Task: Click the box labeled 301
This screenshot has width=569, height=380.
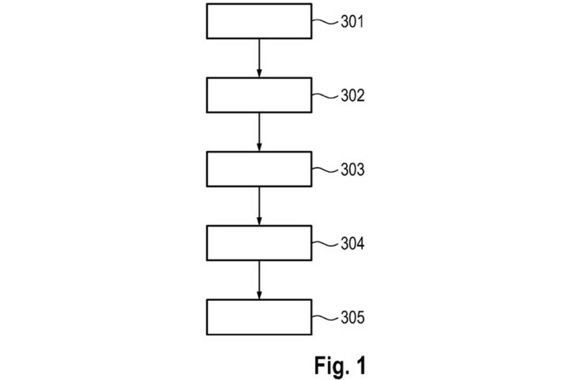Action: tap(259, 21)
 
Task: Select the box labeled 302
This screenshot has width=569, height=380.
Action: tap(259, 95)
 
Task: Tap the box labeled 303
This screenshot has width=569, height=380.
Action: tap(259, 169)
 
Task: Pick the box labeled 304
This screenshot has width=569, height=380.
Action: tap(259, 243)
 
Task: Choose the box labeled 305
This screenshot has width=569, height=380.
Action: tap(259, 317)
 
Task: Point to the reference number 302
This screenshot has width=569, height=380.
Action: tap(352, 96)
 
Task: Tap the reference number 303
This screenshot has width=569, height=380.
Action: tap(352, 170)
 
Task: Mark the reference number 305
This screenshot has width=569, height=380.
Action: tap(352, 318)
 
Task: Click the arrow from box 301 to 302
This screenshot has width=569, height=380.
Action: tap(259, 58)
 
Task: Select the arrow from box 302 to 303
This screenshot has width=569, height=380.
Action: tap(259, 132)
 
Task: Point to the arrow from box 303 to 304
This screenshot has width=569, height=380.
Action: tap(259, 206)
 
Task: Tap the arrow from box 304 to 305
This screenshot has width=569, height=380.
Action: tap(259, 280)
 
